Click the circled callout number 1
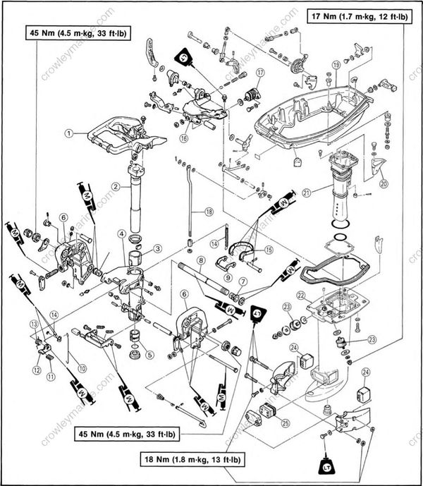click(69, 132)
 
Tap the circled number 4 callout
click(121, 234)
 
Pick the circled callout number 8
click(200, 260)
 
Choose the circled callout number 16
click(183, 138)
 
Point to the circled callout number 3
click(158, 248)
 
